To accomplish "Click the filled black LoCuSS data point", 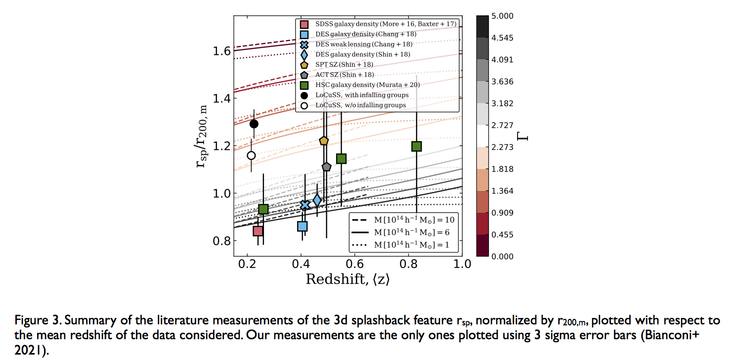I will point(254,124).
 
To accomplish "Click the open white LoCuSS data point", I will point(251,155).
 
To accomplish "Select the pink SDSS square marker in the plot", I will point(258,231).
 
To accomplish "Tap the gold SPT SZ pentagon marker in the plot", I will point(324,141).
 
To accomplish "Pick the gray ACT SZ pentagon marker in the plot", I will point(326,167).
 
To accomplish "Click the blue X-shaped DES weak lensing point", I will point(305,205).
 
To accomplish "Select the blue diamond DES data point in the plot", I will point(317,200).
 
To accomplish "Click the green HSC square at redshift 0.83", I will point(416,146).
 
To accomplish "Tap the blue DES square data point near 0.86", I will point(302,226).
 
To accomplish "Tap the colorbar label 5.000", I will point(503,16).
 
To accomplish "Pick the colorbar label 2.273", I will point(503,147).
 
